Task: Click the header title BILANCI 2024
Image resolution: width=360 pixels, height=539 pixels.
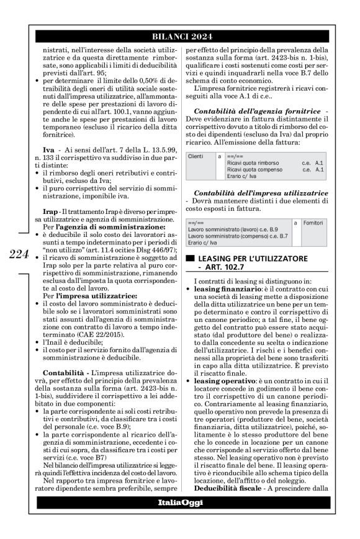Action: point(179,35)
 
